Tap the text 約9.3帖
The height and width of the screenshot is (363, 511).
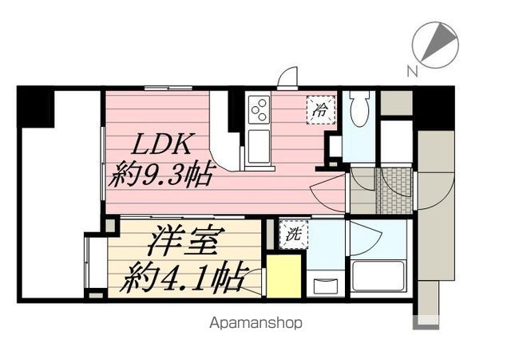point(163,174)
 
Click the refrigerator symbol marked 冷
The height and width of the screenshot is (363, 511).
point(319,109)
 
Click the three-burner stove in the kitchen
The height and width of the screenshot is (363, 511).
point(259,110)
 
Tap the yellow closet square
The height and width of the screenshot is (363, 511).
point(283,275)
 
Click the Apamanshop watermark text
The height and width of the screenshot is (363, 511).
point(255,324)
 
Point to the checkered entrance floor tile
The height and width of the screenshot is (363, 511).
point(394,190)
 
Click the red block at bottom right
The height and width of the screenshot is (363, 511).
point(426,322)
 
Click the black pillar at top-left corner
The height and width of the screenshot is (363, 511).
point(35,105)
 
